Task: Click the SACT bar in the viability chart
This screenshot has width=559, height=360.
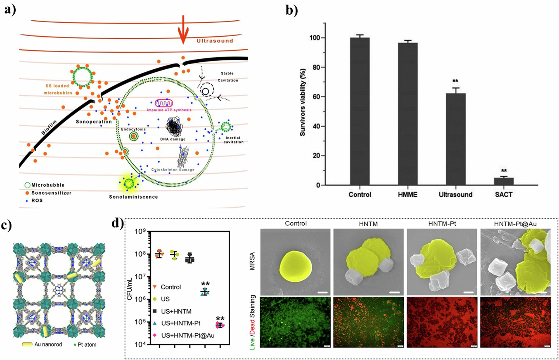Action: [504, 181]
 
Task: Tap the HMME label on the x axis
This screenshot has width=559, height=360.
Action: [408, 195]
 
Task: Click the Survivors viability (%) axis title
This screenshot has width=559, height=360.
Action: [302, 102]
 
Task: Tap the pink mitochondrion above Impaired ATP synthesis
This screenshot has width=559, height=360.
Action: [164, 103]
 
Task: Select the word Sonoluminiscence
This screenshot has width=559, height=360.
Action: [133, 197]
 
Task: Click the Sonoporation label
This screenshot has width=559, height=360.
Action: [94, 122]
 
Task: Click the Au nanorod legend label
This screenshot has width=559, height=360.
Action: [48, 345]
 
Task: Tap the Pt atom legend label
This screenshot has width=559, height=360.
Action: [87, 345]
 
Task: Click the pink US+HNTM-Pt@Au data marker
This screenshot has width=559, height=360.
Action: [220, 325]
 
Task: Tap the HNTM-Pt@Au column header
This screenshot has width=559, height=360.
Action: [515, 224]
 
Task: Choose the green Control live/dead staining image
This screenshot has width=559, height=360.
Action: [295, 322]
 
